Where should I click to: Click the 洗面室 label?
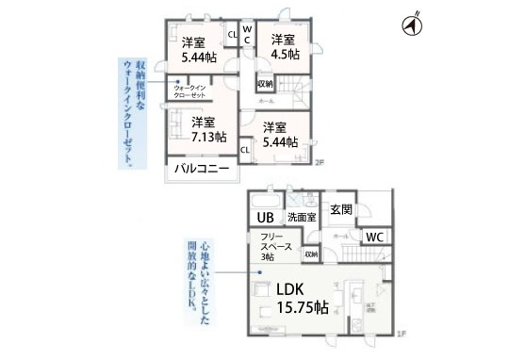coord(303,219)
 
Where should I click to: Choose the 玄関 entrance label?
coord(341,208)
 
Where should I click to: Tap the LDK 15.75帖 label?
coord(290,298)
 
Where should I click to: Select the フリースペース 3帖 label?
coord(274,246)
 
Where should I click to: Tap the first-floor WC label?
coord(372,236)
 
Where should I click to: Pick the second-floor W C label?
coord(247,36)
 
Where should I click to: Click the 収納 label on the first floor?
coord(310,254)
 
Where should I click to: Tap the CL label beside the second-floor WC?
coord(232,36)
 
